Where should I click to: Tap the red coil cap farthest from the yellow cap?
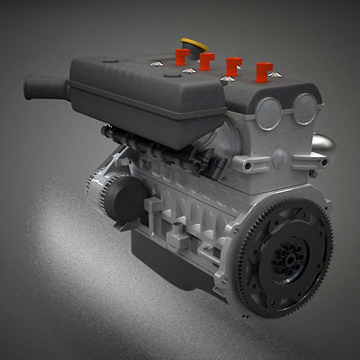(264, 71)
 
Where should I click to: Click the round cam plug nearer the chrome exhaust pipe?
(305, 109)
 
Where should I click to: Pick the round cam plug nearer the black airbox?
(268, 113)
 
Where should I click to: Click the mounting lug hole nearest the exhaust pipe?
(324, 163)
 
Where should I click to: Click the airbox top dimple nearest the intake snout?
(110, 61)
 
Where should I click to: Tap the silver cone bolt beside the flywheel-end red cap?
(275, 75)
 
